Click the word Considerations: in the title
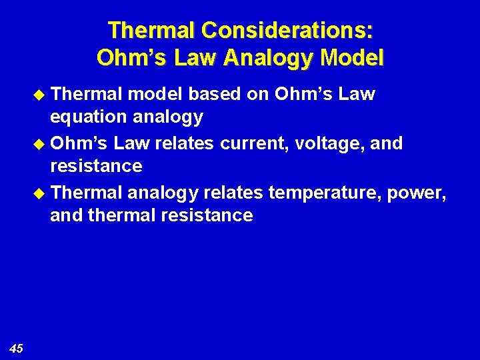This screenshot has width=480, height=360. tap(287, 31)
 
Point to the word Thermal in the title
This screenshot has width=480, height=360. tap(151, 31)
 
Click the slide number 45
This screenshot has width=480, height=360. tap(17, 348)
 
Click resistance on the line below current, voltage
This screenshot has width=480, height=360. tap(96, 166)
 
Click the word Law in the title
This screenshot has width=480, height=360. tap(197, 57)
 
